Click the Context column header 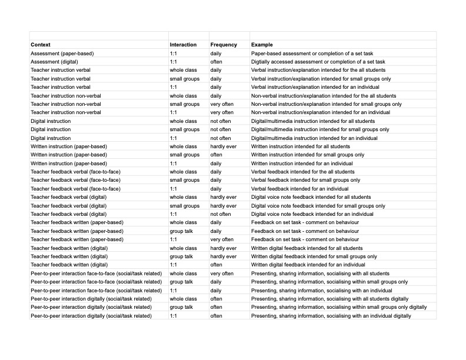coord(41,45)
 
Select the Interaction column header coord(183,45)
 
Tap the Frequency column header coord(224,45)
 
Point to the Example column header coord(262,45)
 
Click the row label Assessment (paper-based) coord(62,54)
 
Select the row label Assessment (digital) coord(54,62)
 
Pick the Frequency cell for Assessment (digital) coord(217,62)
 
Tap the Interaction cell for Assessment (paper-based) coord(174,54)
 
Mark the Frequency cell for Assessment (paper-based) coord(216,54)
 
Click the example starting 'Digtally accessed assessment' coord(318,62)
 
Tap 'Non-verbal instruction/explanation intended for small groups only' coord(327,104)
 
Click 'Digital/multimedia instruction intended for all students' coord(313,121)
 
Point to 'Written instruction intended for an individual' coord(302,164)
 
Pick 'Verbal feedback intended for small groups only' coord(306,181)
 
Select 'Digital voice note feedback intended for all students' coord(311,198)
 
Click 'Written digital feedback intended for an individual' coord(312,265)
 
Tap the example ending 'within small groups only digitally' coord(339,308)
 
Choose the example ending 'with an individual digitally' coord(331,316)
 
